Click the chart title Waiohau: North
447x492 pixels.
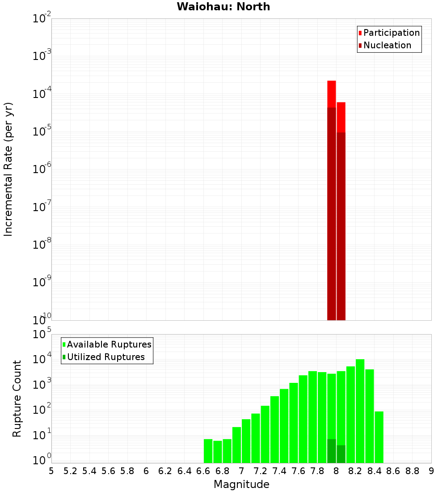point(223,7)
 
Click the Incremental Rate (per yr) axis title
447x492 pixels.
point(8,169)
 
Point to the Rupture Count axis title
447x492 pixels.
point(17,398)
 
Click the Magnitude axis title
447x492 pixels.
point(241,484)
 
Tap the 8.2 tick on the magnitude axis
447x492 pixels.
point(355,471)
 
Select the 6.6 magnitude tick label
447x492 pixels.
point(203,471)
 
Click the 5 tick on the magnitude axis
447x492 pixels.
point(51,471)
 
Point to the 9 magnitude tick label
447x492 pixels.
point(431,471)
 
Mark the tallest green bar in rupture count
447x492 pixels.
point(360,411)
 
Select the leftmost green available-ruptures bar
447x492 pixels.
point(208,451)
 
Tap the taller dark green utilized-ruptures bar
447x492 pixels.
point(331,451)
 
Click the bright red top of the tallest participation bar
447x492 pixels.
point(331,94)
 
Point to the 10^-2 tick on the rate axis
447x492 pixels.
point(42,19)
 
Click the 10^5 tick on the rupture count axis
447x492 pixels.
point(42,335)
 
